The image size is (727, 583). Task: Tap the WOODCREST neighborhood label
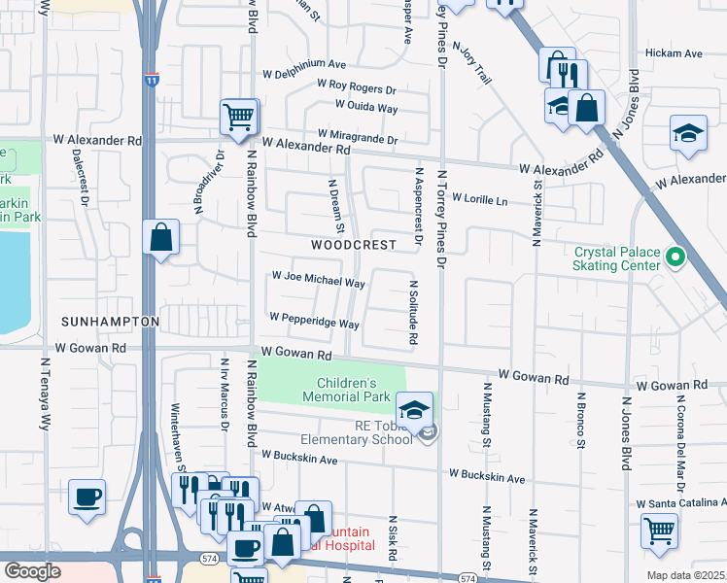[x=354, y=245]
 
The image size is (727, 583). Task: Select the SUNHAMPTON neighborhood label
[x=109, y=321]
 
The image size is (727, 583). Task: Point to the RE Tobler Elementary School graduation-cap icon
[x=414, y=409]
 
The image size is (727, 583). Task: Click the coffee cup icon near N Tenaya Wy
[x=87, y=497]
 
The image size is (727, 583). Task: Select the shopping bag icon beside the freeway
[x=160, y=237]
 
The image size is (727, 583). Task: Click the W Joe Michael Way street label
[x=318, y=280]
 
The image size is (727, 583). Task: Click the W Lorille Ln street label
[x=479, y=200]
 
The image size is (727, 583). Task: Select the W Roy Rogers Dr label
[x=357, y=86]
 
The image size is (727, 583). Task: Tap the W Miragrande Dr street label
[x=357, y=137]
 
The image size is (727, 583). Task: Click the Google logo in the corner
[x=32, y=570]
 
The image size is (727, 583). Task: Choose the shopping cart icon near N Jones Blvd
[x=659, y=531]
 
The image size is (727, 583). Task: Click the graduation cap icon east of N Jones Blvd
[x=688, y=133]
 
